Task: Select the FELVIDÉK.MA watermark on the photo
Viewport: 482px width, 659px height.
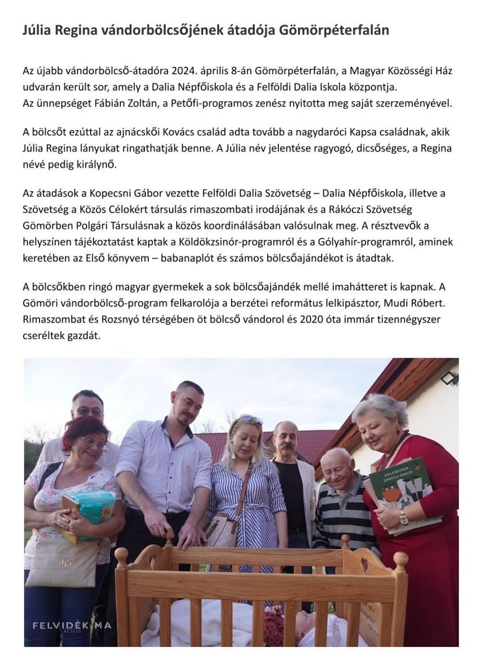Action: coord(71,626)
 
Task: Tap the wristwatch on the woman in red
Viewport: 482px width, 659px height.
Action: coord(404,517)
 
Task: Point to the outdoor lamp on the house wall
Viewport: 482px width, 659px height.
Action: coord(449,378)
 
